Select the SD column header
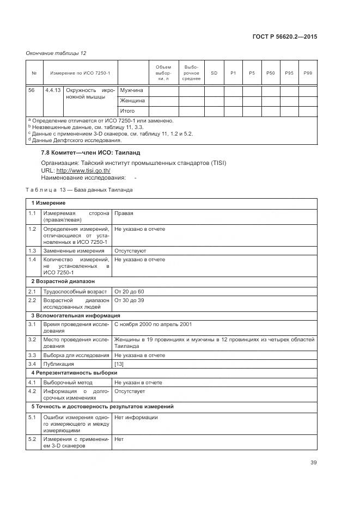(x=214, y=73)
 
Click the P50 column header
(x=271, y=73)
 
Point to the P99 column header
(x=308, y=73)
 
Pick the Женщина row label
(x=132, y=101)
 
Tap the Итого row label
(x=127, y=111)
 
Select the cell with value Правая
(x=124, y=213)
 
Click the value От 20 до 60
(x=129, y=292)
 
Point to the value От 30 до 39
(x=129, y=300)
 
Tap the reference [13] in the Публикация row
(x=119, y=364)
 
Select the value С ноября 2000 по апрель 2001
(x=152, y=324)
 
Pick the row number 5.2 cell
(x=32, y=439)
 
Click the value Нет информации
(x=136, y=417)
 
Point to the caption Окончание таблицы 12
(x=56, y=53)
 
